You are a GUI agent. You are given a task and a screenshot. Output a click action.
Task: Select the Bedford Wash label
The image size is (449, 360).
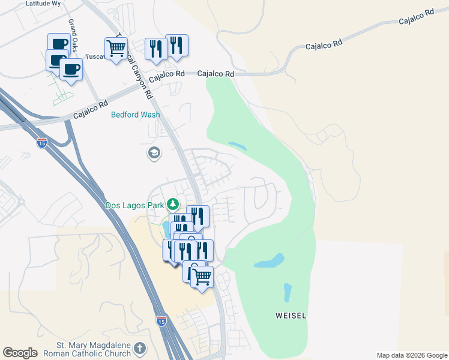[135, 114]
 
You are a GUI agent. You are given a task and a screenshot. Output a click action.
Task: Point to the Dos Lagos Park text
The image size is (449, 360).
[135, 205]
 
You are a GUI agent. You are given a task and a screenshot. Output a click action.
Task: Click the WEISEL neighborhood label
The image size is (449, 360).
[291, 315]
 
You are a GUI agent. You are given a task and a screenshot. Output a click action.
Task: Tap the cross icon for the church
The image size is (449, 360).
[140, 348]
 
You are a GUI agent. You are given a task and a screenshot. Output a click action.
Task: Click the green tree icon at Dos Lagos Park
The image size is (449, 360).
[173, 205]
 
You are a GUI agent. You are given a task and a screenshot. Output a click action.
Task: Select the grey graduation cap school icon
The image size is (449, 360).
[154, 153]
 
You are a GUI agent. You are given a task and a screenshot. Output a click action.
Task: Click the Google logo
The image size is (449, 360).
[20, 353]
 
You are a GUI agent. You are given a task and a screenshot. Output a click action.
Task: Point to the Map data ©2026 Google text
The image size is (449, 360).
[412, 355]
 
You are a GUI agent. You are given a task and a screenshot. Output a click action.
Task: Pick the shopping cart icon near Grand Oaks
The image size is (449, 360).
[115, 47]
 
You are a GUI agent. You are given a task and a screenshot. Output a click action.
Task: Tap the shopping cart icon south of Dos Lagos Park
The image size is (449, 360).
[202, 277]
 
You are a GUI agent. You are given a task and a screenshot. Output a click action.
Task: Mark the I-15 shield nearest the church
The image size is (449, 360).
[161, 321]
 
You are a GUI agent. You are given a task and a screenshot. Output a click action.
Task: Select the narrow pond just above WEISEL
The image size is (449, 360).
[287, 293]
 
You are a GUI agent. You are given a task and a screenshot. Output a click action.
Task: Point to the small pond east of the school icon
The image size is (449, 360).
[237, 146]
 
